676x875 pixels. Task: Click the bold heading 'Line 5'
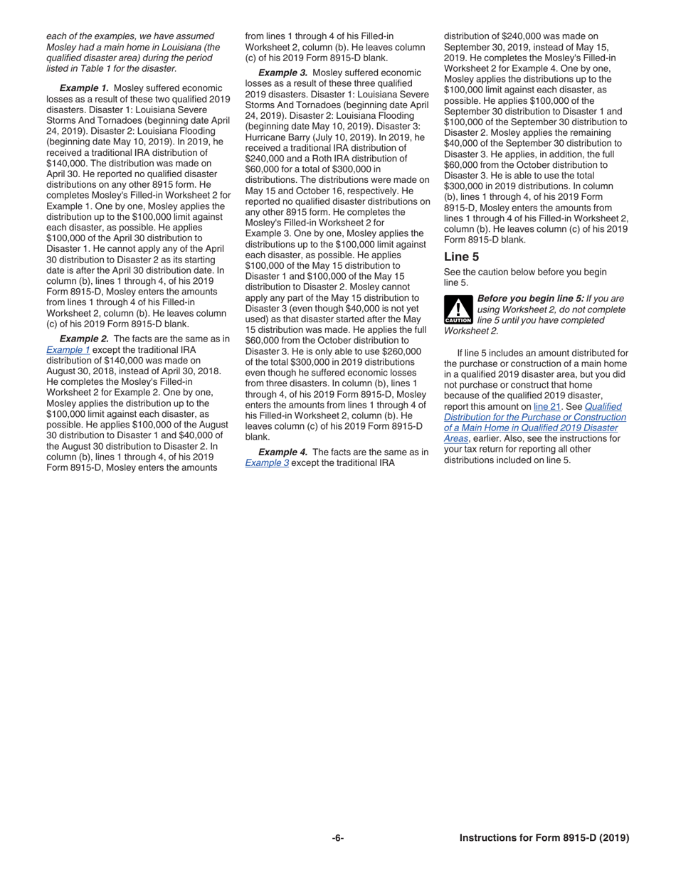[x=461, y=257]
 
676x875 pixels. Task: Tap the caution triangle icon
[x=458, y=309]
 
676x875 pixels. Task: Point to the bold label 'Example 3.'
[x=282, y=73]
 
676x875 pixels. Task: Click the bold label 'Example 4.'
[x=282, y=452]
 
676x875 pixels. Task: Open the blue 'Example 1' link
[x=68, y=350]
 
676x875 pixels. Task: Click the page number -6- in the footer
[x=337, y=838]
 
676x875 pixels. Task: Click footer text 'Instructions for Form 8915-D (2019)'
[x=544, y=838]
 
